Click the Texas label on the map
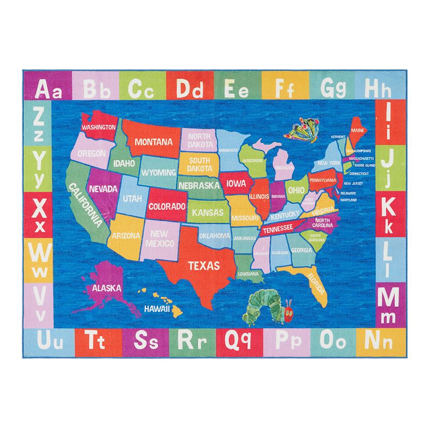coord(203,265)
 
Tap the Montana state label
coord(153,142)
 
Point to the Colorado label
coord(167,206)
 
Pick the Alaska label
coord(106,288)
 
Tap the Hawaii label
coord(157,309)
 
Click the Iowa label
coord(236,183)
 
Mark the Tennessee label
coord(277,228)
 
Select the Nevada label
coord(103,189)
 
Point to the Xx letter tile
coord(38,213)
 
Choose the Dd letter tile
coord(190,87)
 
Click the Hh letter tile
coord(379,86)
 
